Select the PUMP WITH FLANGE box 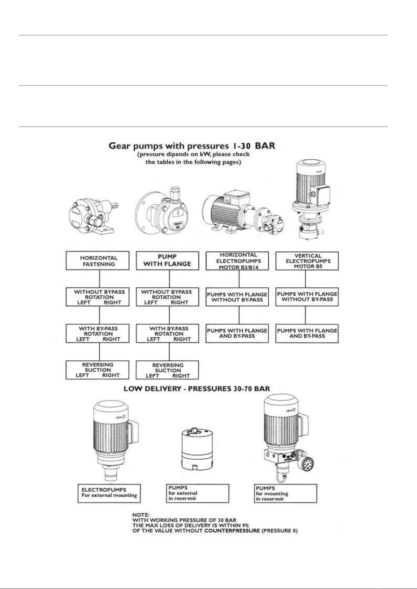(167, 261)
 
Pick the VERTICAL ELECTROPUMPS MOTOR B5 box (307, 261)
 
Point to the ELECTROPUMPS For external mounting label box (109, 493)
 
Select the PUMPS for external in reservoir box (197, 493)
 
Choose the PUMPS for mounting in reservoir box (285, 493)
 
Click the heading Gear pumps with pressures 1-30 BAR (192, 145)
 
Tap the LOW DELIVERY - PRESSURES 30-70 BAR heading (197, 388)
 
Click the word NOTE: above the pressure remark (141, 515)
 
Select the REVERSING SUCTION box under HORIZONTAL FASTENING (97, 370)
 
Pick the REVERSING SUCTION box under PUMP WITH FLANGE (167, 370)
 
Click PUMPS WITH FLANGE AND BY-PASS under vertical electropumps (307, 333)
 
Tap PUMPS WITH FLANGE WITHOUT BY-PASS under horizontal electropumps (237, 297)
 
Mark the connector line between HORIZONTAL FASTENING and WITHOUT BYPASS (100, 279)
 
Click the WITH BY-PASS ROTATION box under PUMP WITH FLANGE (167, 333)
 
